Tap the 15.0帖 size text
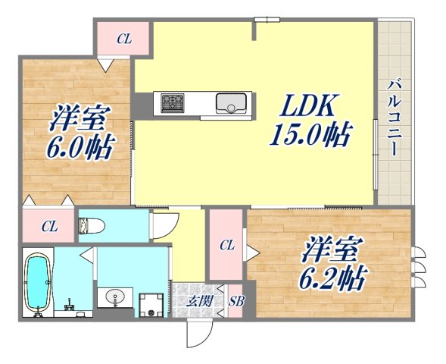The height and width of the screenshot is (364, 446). point(310,135)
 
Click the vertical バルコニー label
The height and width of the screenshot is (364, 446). point(395,118)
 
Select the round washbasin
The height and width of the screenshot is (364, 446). point(115,295)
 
